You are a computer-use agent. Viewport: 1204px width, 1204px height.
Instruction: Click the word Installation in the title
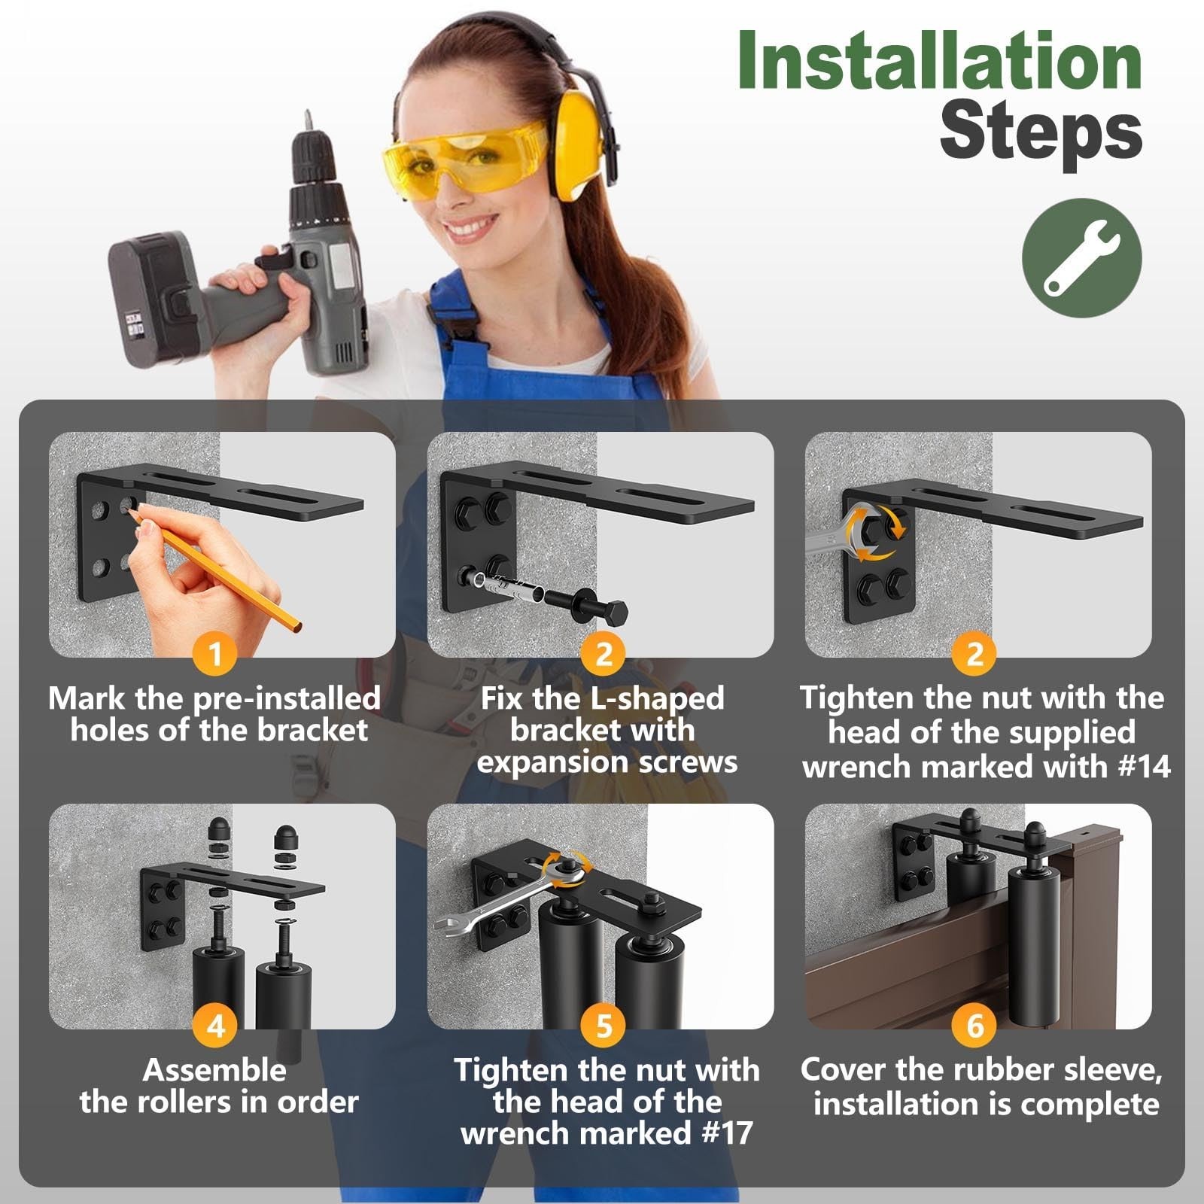940,62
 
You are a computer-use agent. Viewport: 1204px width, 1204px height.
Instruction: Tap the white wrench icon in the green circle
1081,257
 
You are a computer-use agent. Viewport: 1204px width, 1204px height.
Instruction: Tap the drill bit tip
307,119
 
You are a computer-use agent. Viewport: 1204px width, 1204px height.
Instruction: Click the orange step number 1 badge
216,653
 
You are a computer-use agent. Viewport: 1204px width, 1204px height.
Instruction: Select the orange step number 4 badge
216,1025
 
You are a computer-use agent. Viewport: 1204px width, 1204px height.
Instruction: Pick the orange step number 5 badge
604,1025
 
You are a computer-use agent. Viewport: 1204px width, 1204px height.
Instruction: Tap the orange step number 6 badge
975,1025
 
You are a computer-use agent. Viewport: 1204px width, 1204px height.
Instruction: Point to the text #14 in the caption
1144,767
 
